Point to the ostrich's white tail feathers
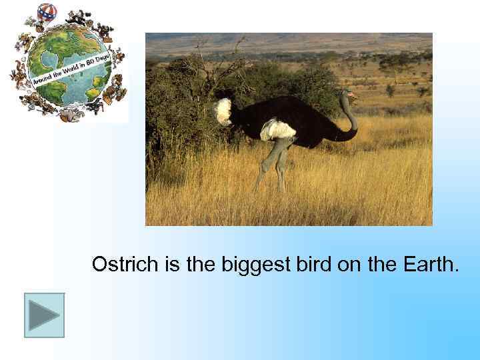(223, 111)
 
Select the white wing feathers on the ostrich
(277, 129)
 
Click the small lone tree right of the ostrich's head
(391, 89)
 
